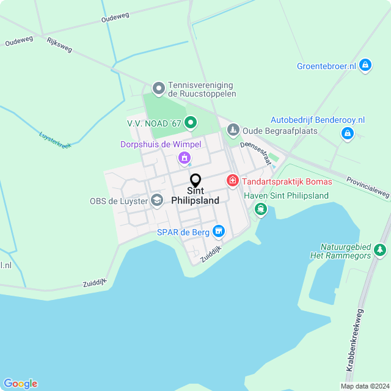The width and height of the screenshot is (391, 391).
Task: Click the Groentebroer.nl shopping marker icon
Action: [365, 65]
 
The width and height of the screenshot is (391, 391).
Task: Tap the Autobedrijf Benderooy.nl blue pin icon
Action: [347, 133]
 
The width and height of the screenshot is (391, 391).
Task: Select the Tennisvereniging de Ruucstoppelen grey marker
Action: [159, 89]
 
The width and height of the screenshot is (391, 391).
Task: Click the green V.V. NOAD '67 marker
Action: [190, 123]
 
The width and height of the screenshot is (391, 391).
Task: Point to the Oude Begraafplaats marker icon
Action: [233, 130]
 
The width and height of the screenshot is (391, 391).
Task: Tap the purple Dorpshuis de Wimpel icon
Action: [183, 158]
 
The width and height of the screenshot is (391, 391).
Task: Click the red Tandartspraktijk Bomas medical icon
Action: [232, 181]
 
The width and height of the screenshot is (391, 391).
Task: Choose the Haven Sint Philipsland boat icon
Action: [261, 210]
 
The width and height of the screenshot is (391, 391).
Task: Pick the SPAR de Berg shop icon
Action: [218, 232]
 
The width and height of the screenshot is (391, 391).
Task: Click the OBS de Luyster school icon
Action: [157, 200]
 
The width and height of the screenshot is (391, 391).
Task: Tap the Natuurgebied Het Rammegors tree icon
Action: [380, 250]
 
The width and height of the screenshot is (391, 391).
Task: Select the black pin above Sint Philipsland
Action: [195, 180]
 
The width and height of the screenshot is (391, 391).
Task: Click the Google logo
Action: [20, 384]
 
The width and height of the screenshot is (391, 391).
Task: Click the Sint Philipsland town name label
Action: [195, 195]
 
